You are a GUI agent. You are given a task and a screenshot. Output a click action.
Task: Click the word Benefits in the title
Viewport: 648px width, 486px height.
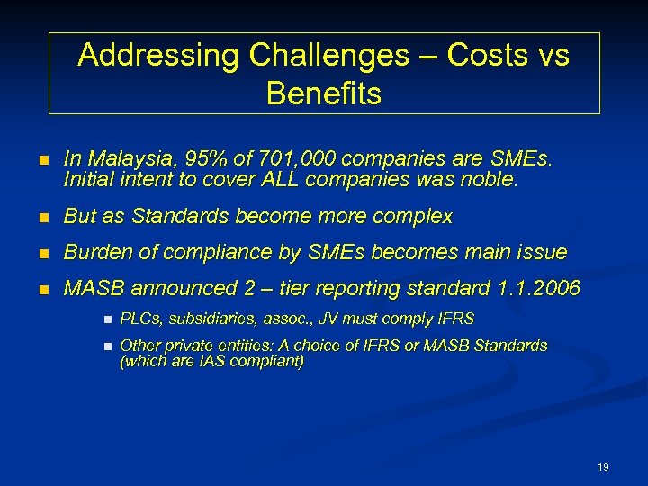coord(324,94)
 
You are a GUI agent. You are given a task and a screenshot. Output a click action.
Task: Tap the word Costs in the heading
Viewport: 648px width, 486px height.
coord(486,56)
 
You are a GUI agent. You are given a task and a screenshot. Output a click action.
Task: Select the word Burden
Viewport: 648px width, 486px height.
coord(97,253)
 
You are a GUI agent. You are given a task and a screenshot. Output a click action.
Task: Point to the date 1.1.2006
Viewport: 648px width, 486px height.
coord(538,289)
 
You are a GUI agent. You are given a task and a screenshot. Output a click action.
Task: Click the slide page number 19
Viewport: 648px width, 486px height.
coord(603,467)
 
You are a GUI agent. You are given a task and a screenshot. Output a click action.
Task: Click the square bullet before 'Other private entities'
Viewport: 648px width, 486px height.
coord(106,346)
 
